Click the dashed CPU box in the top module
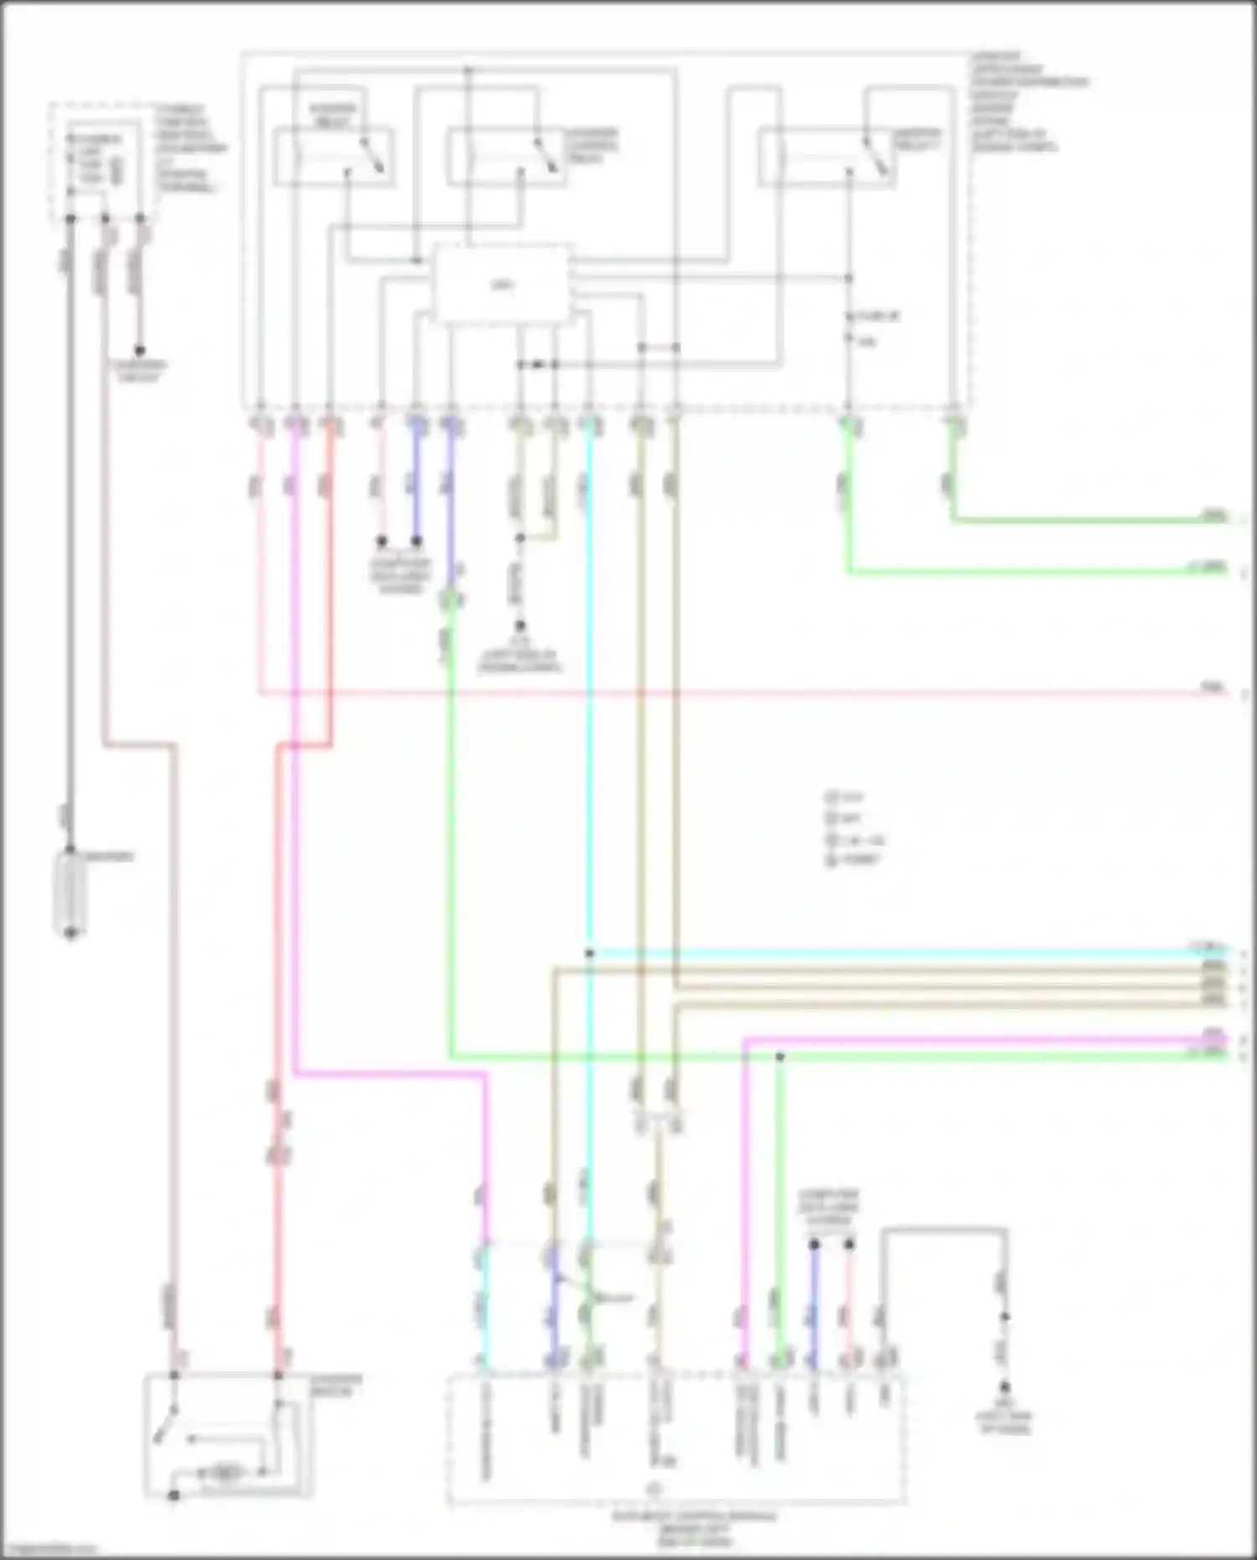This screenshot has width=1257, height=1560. pyautogui.click(x=502, y=284)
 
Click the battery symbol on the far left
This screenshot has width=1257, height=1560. pyautogui.click(x=70, y=892)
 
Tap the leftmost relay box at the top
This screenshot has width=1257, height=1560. pyautogui.click(x=334, y=156)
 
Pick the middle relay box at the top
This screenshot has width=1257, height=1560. pyautogui.click(x=504, y=156)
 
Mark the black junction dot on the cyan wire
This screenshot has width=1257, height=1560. pyautogui.click(x=589, y=953)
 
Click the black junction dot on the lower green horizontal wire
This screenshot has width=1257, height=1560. pyautogui.click(x=779, y=1057)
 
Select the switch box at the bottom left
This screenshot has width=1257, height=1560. pyautogui.click(x=228, y=1434)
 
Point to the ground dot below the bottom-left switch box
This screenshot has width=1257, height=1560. pyautogui.click(x=173, y=1495)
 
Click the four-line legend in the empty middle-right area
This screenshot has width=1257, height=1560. pyautogui.click(x=854, y=828)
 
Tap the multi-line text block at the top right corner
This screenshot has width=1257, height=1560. pyautogui.click(x=1027, y=101)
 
